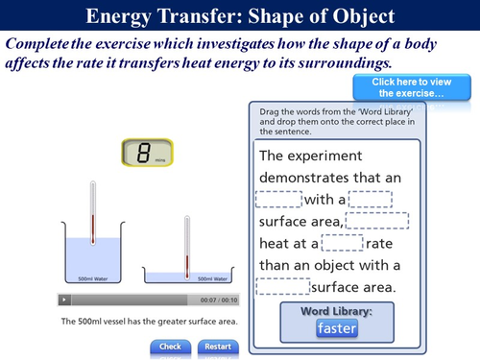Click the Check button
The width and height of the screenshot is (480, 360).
[170, 346]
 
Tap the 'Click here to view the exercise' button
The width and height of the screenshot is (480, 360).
[412, 86]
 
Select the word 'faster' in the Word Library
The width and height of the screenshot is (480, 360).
[337, 327]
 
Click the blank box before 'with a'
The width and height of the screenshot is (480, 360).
[278, 199]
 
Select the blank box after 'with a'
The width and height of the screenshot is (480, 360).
[370, 199]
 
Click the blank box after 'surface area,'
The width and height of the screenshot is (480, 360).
[376, 221]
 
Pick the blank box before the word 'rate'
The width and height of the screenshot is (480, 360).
[342, 243]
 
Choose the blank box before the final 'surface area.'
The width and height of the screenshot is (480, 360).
[283, 286]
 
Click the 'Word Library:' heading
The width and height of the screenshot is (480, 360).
[337, 310]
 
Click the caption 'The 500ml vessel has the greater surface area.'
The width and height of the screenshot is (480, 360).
[149, 321]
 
